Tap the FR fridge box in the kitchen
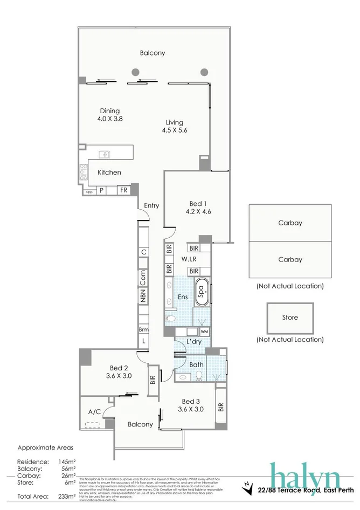[x=123, y=190]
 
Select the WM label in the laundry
[x=204, y=331]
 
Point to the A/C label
[x=95, y=412]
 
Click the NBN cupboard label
[x=143, y=295]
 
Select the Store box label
[x=290, y=318]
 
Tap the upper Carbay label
[x=290, y=223]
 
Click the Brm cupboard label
[x=143, y=329]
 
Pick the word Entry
[x=151, y=205]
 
